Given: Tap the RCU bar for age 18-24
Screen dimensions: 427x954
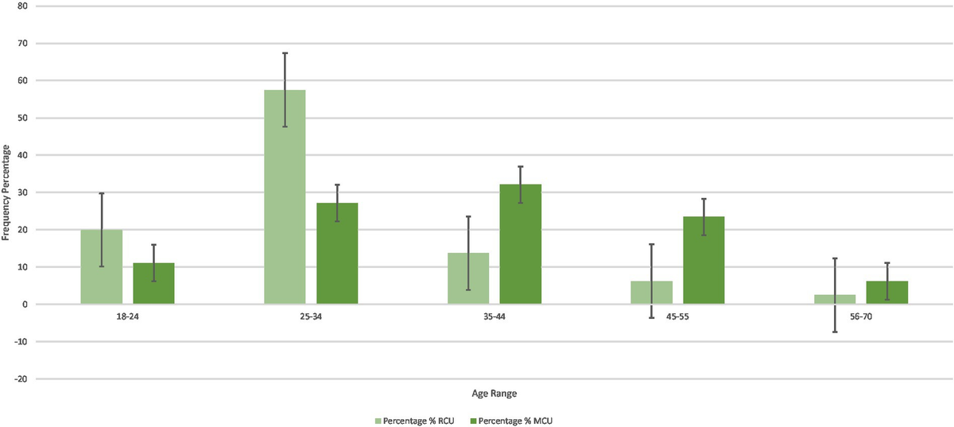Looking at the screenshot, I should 102,267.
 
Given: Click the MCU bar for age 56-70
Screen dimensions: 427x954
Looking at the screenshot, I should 886,293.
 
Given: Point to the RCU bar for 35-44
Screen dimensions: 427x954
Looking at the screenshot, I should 468,278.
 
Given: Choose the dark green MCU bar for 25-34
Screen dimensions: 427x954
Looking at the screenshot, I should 337,254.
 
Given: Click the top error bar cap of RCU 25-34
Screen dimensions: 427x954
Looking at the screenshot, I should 285,53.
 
